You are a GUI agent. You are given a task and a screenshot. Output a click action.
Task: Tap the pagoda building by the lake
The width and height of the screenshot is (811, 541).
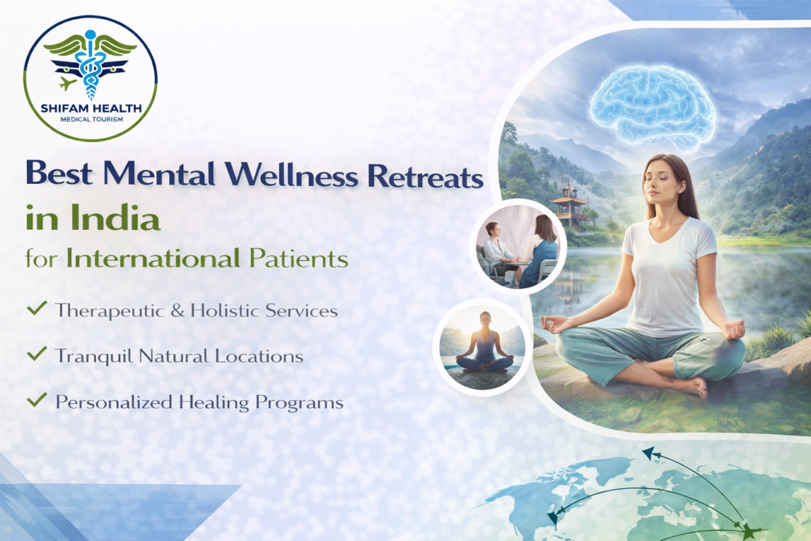(x=569, y=204)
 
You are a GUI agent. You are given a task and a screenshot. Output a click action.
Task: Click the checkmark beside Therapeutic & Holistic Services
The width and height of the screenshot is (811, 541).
(x=36, y=310)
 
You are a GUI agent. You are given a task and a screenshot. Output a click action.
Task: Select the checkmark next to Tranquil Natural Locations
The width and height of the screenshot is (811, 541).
(x=36, y=354)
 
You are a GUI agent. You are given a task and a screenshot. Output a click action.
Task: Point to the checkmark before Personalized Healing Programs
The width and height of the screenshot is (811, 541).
(x=36, y=401)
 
